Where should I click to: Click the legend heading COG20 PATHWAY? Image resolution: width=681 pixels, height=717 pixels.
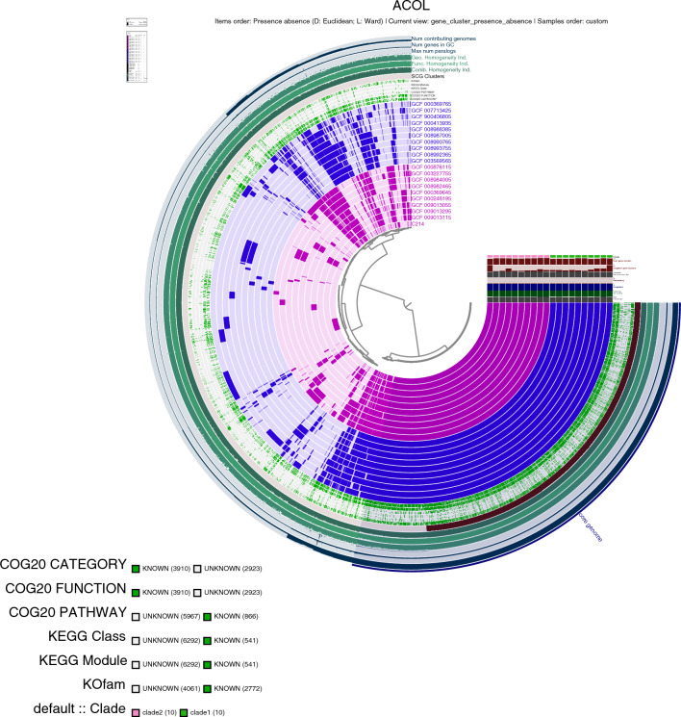[63, 613]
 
